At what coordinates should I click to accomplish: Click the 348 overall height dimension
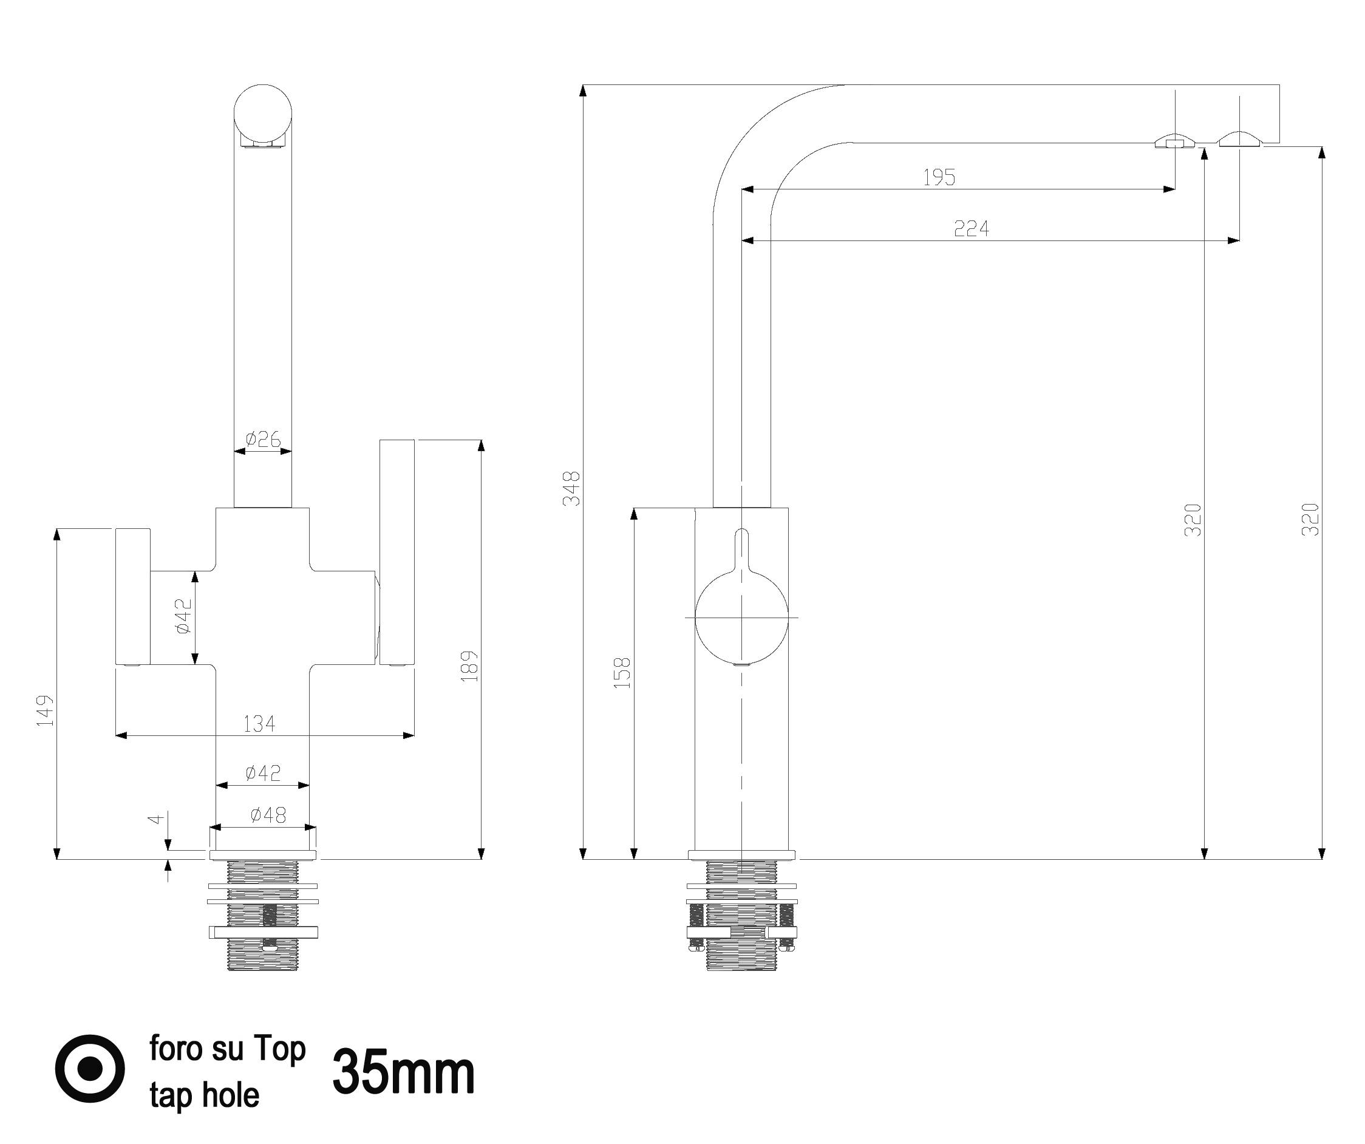(x=572, y=488)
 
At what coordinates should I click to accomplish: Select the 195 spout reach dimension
(x=939, y=177)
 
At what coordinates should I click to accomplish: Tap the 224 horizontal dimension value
(x=971, y=228)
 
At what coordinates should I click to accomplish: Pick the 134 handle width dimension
(x=259, y=723)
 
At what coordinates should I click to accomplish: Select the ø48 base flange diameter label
(x=268, y=814)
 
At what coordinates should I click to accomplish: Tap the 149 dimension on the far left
(x=45, y=710)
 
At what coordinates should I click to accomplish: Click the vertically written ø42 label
(x=183, y=616)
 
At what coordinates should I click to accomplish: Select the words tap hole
(x=204, y=1095)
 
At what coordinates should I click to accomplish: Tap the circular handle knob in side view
(x=741, y=616)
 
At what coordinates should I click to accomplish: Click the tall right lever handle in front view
(x=397, y=553)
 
